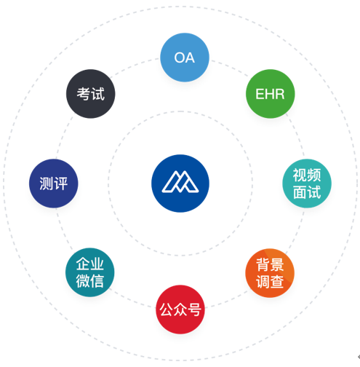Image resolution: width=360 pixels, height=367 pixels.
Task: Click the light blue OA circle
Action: pos(185,58)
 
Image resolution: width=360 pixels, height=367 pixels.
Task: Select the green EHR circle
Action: pos(271,94)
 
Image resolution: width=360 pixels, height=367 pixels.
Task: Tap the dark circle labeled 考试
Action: pos(91,94)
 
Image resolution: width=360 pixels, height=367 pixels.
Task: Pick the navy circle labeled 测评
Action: pos(54,183)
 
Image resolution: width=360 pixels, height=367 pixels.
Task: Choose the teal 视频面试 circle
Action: pos(307,183)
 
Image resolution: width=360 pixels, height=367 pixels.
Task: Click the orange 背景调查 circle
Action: pos(270,273)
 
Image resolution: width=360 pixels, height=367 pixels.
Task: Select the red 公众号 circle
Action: pos(180,309)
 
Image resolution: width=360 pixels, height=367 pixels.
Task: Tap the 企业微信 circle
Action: pos(90,272)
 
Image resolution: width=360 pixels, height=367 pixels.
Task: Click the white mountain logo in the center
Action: pos(180,181)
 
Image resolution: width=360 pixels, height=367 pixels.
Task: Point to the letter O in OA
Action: pos(180,58)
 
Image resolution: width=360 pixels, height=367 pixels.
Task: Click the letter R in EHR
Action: pos(279,94)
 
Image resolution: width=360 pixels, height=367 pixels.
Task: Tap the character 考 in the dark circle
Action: pos(84,94)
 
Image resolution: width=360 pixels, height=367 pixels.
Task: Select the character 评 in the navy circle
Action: pos(60,183)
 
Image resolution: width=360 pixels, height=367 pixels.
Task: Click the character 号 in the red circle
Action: pos(194,309)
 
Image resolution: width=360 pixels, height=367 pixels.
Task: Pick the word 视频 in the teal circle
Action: pos(307,175)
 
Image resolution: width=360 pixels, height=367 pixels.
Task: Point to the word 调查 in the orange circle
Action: pos(270,282)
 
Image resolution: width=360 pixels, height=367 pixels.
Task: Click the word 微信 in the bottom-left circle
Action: pos(90,281)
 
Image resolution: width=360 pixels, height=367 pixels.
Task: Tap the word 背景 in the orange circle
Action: pos(270,264)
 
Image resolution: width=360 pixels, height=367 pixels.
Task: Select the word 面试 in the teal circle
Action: pos(307,192)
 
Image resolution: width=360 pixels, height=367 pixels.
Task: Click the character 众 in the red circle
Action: pos(180,309)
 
